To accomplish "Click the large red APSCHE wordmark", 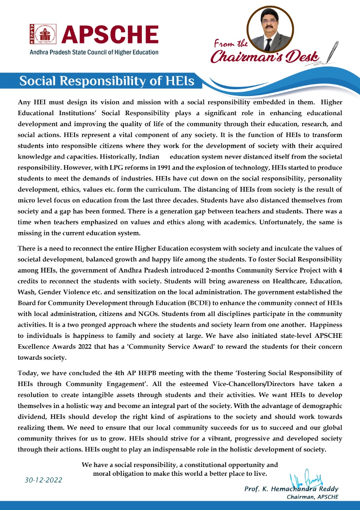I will pyautogui.click(x=110, y=35).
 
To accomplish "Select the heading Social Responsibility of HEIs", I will pyautogui.click(x=107, y=81).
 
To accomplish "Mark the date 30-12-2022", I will pyautogui.click(x=43, y=480).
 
